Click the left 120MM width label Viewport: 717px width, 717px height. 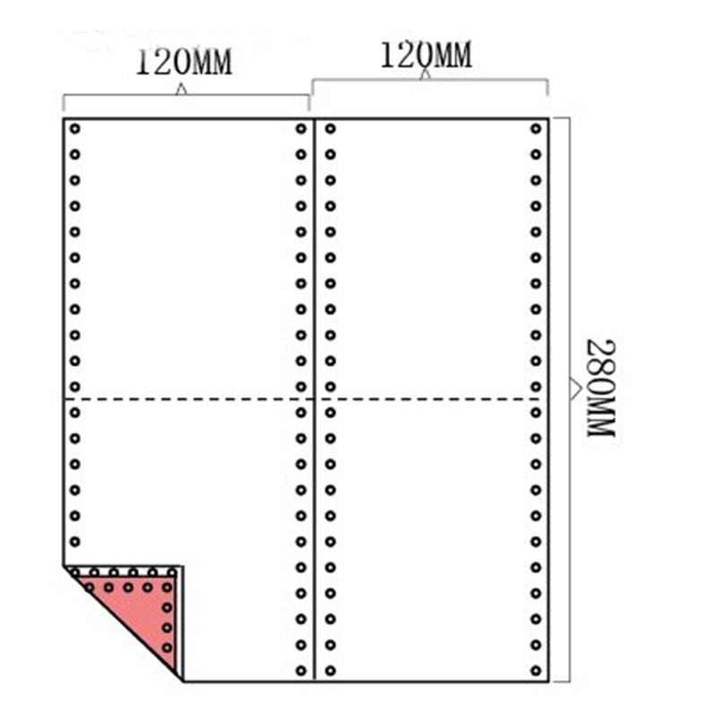[185, 62]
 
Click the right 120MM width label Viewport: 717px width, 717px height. [426, 56]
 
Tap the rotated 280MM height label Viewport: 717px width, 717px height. [600, 388]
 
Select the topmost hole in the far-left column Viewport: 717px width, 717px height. [75, 129]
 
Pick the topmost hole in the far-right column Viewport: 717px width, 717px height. [536, 129]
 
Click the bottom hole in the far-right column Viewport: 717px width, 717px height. [536, 671]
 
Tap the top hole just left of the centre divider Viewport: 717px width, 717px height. [301, 129]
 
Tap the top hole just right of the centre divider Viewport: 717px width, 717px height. [331, 129]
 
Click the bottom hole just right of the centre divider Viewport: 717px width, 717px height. [331, 671]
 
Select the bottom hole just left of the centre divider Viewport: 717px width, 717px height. [301, 671]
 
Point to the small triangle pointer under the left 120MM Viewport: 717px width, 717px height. [182, 89]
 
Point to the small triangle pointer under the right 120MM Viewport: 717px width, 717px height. [426, 74]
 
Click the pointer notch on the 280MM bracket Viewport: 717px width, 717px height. [576, 389]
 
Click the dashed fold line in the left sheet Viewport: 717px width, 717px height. [188, 400]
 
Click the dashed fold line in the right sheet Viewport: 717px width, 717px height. [430, 400]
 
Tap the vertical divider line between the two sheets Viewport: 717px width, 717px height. [315, 400]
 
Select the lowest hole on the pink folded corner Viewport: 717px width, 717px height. [168, 647]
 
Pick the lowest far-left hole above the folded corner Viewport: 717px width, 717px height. [75, 542]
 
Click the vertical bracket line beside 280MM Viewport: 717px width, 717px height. [570, 400]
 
